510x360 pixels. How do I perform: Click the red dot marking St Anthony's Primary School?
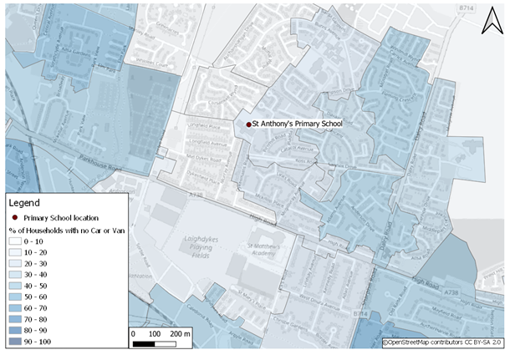(248, 124)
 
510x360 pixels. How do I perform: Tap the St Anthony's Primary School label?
(298, 124)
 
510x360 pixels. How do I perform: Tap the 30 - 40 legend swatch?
(14, 274)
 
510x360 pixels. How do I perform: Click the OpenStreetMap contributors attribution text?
(442, 342)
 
